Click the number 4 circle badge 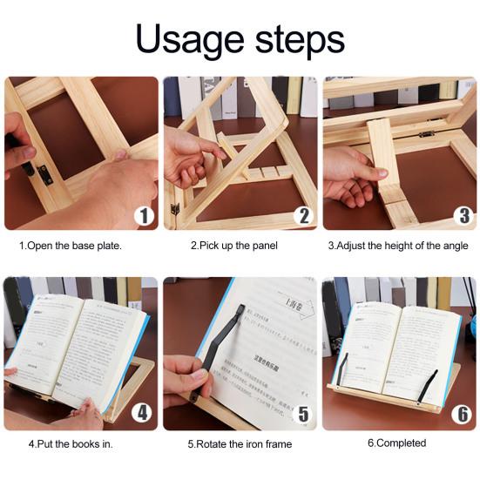click(x=140, y=414)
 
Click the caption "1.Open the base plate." click(x=71, y=246)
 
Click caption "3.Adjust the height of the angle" click(x=398, y=246)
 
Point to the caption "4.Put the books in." click(x=71, y=443)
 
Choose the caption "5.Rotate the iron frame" click(x=240, y=444)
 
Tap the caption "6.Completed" click(x=396, y=443)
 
